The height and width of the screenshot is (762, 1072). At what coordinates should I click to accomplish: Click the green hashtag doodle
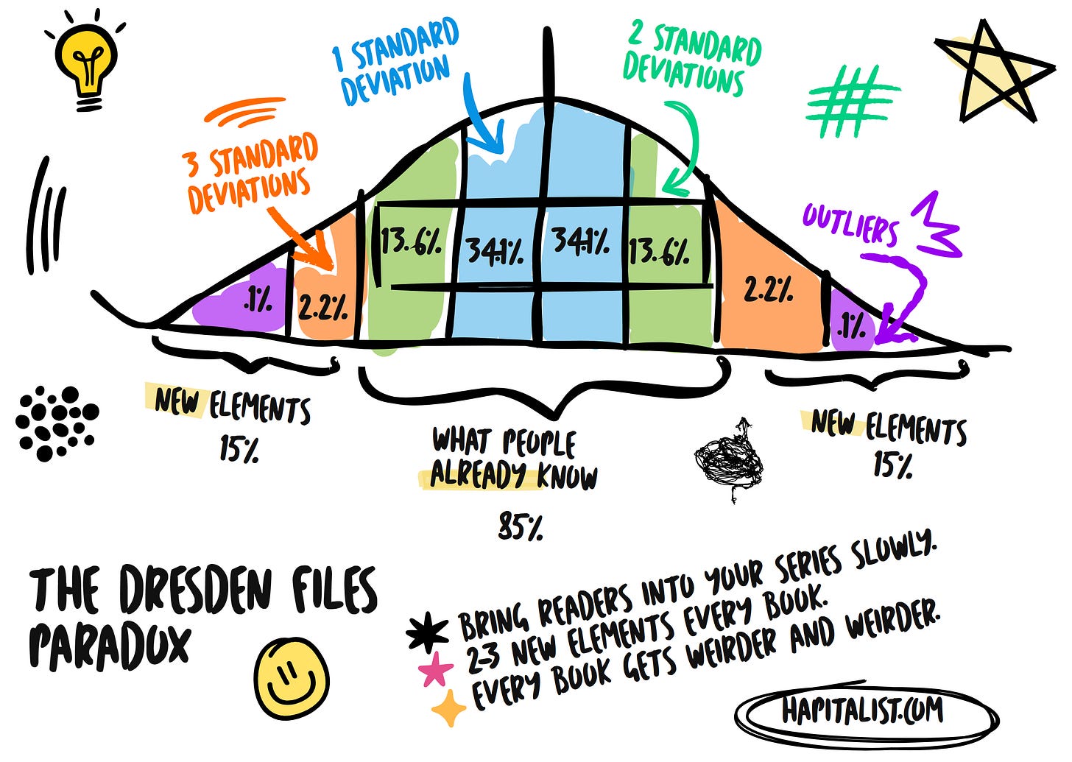pyautogui.click(x=852, y=101)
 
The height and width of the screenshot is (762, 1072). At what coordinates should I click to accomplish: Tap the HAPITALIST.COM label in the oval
pyautogui.click(x=862, y=711)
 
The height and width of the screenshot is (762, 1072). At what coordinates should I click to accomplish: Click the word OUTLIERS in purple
pyautogui.click(x=850, y=223)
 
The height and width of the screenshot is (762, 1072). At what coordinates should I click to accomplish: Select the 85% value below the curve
pyautogui.click(x=520, y=526)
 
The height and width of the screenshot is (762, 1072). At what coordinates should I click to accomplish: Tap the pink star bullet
pyautogui.click(x=436, y=671)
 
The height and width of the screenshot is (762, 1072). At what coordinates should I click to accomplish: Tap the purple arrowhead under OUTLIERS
pyautogui.click(x=886, y=334)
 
